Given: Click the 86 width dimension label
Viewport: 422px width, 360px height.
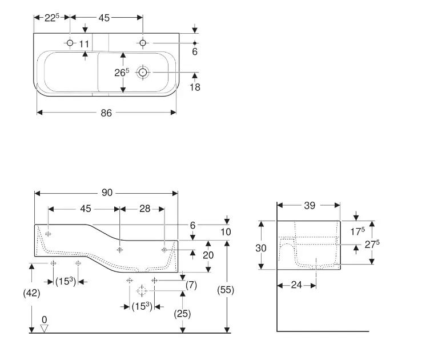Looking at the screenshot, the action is click(106, 113).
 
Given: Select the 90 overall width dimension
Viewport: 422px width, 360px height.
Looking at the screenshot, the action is click(107, 193).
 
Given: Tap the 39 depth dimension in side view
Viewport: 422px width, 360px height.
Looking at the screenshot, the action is click(310, 206).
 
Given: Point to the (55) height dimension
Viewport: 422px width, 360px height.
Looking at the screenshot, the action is click(226, 290).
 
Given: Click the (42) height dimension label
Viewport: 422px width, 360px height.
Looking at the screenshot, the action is click(31, 293).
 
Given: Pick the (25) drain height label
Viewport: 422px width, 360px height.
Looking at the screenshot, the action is click(182, 314).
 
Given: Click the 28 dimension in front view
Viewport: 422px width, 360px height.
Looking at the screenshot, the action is click(145, 209).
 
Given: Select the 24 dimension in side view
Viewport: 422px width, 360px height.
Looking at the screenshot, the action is click(296, 285).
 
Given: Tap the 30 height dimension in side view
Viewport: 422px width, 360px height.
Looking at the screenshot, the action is click(261, 248).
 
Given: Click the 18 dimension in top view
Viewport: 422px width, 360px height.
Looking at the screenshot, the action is click(195, 87).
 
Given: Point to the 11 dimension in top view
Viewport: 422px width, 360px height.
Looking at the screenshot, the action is click(84, 44).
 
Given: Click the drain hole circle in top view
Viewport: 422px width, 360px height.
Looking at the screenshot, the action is click(143, 73).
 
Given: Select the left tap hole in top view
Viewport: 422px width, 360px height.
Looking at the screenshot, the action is click(70, 43).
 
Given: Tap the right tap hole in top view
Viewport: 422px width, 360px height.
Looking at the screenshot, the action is click(143, 43).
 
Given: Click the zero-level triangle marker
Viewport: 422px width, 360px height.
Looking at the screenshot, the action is click(44, 329).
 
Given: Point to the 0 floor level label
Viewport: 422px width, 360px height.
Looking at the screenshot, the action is click(45, 319).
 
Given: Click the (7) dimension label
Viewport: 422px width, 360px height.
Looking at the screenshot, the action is click(191, 285).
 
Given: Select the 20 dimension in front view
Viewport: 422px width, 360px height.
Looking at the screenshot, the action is click(208, 255).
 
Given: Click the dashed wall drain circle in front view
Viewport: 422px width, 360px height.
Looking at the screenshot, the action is click(142, 291).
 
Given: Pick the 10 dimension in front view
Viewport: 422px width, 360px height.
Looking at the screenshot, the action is click(226, 232).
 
